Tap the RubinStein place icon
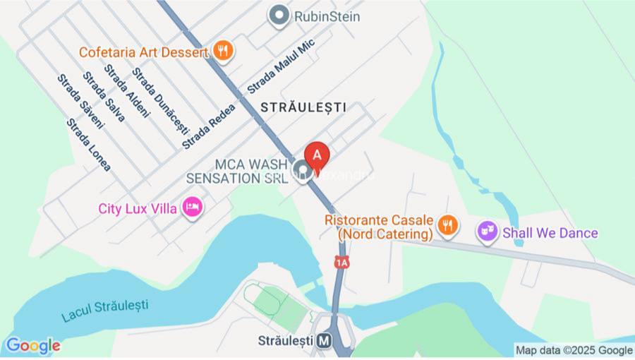pyautogui.click(x=280, y=15)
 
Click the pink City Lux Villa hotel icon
pyautogui.click(x=191, y=208)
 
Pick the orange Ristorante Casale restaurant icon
pyautogui.click(x=446, y=226)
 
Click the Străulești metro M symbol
pyautogui.click(x=324, y=340)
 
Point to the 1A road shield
pyautogui.click(x=342, y=263)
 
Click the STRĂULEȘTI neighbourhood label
pyautogui.click(x=303, y=107)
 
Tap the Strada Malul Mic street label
pyautogui.click(x=280, y=67)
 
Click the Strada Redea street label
pyautogui.click(x=205, y=128)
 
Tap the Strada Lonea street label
pyautogui.click(x=89, y=145)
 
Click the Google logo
pyautogui.click(x=32, y=346)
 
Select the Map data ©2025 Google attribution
pyautogui.click(x=574, y=350)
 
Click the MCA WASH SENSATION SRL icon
pyautogui.click(x=303, y=170)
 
